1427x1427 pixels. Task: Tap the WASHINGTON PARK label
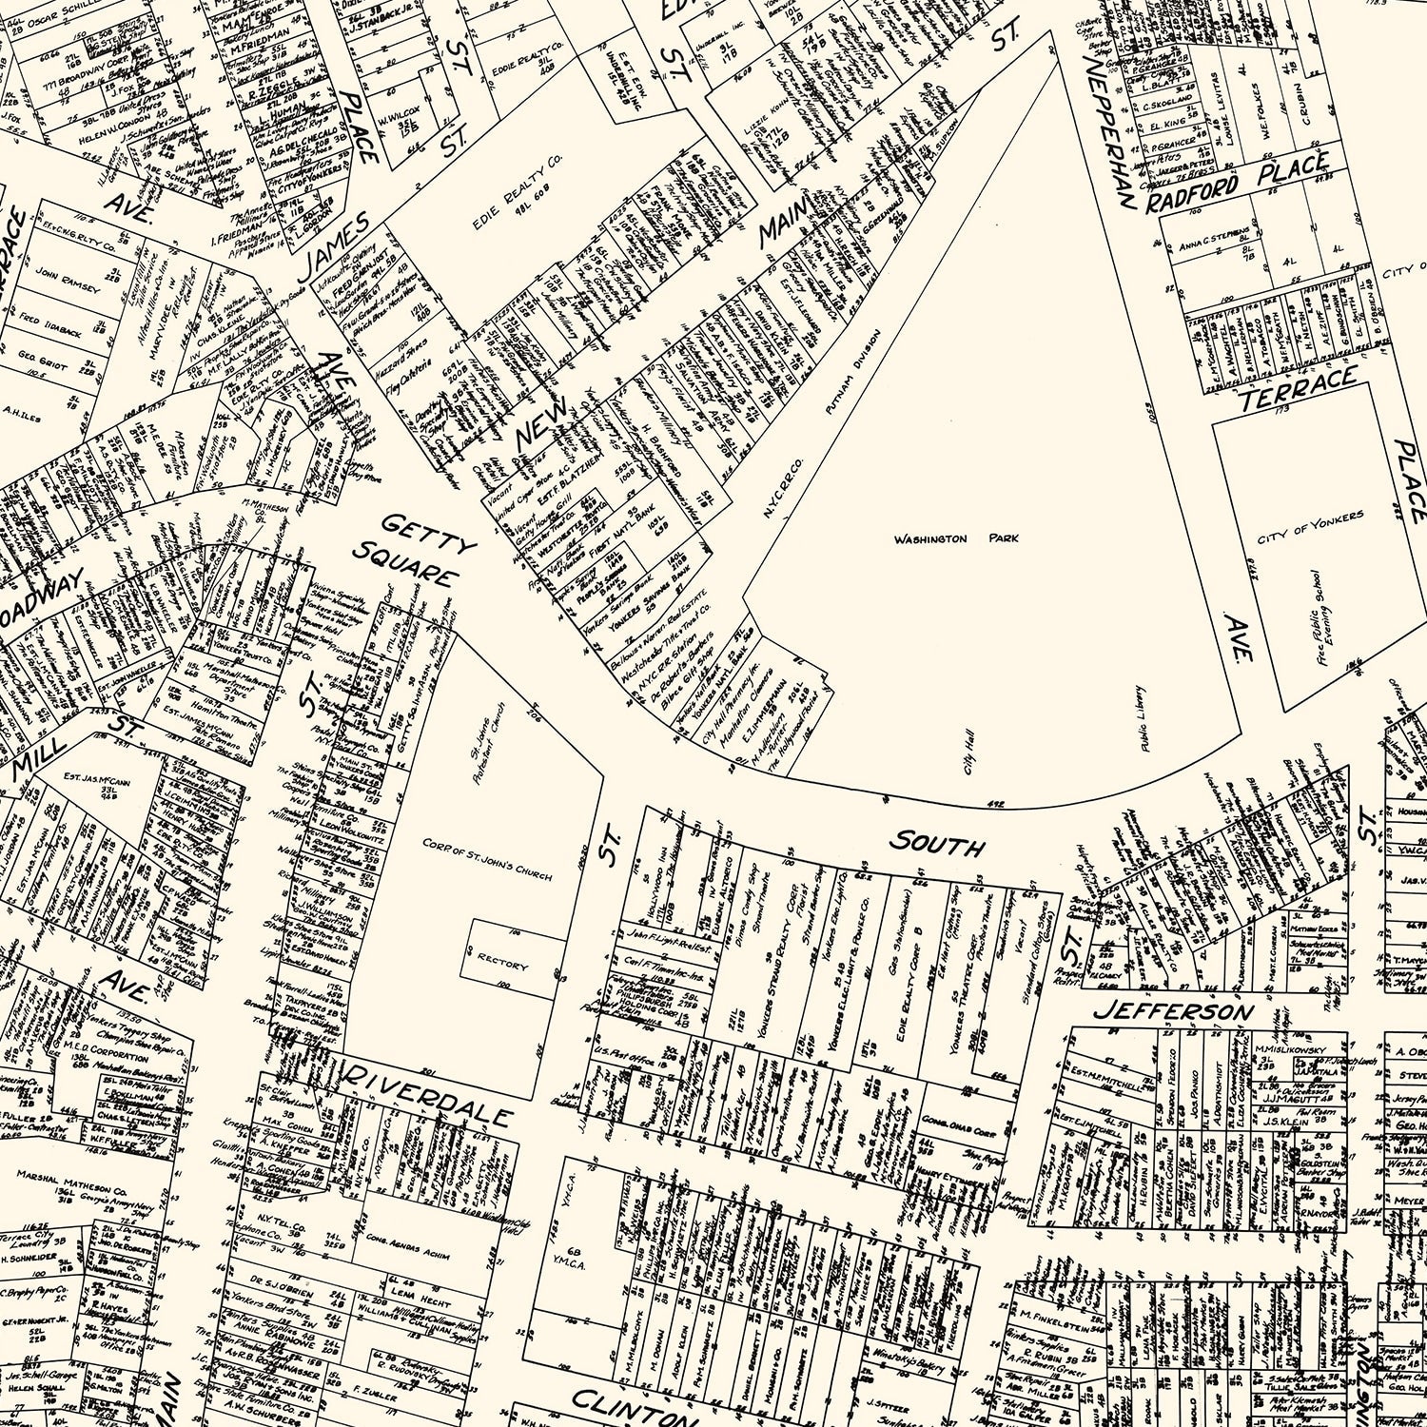point(956,538)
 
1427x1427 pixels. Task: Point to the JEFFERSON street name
point(1174,1010)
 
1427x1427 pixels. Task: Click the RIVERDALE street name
point(428,1093)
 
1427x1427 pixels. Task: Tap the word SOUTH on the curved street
point(936,843)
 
